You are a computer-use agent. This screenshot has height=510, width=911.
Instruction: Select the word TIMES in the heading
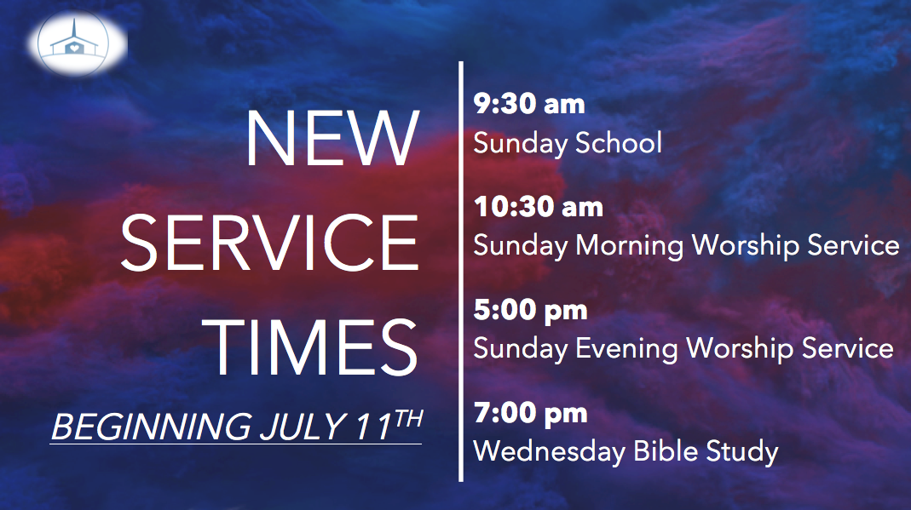[314, 346]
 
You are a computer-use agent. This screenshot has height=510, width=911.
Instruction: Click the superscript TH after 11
[406, 417]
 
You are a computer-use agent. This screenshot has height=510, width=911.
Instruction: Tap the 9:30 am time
[529, 104]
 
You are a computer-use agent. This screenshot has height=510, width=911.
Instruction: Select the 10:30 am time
[538, 206]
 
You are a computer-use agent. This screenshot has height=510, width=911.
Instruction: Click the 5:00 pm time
[530, 310]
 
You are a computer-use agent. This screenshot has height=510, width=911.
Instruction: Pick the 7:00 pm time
[530, 413]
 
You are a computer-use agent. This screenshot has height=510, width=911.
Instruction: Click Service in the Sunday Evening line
[843, 348]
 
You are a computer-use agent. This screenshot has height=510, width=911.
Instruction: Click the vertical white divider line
[461, 272]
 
